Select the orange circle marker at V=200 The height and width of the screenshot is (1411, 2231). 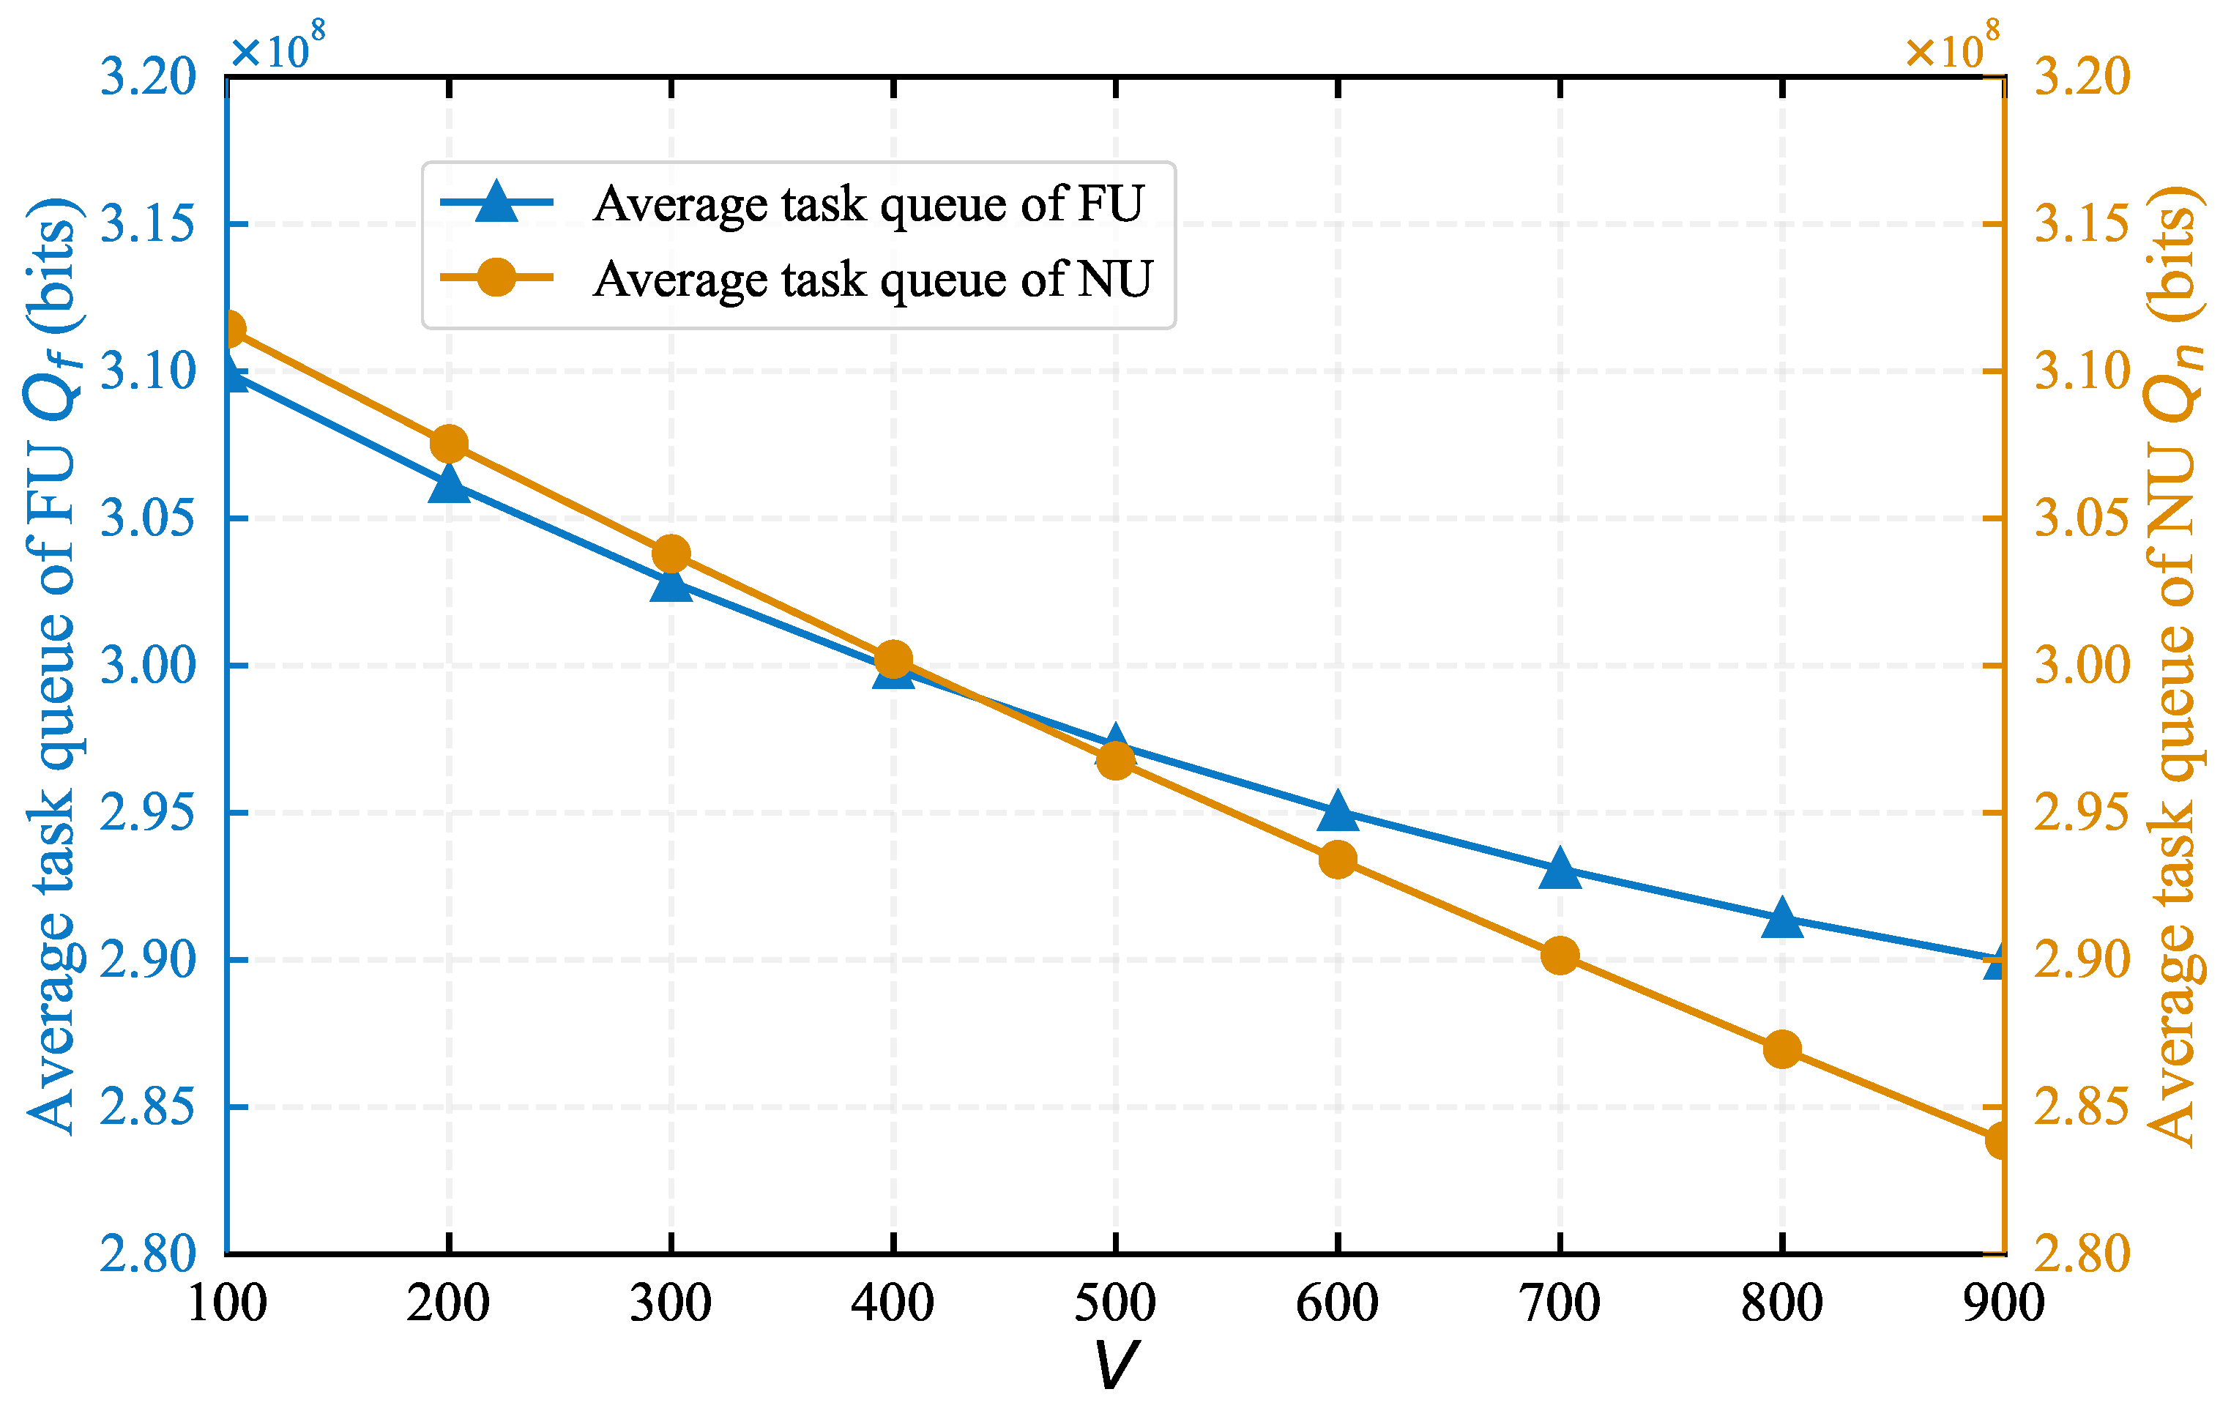(x=450, y=444)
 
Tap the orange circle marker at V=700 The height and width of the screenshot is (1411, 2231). (x=1560, y=955)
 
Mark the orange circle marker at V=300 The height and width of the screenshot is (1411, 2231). (x=671, y=554)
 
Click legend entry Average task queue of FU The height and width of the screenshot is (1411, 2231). (x=867, y=203)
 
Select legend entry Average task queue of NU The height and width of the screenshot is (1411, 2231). (x=871, y=279)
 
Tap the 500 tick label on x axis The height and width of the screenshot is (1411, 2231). (x=1114, y=1303)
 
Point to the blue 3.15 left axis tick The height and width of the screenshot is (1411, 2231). (x=147, y=224)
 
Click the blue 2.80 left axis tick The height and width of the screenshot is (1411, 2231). (x=147, y=1254)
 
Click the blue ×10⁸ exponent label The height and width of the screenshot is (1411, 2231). (x=277, y=46)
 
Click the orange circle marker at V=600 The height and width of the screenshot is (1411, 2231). (x=1338, y=860)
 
